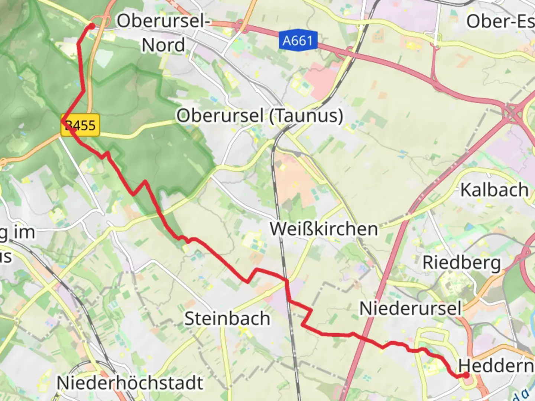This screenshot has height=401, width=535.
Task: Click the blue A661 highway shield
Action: point(298,40)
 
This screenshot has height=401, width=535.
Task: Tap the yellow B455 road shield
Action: point(81,125)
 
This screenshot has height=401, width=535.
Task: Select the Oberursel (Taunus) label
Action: point(259,115)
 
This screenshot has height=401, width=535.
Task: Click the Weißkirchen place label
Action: point(324,229)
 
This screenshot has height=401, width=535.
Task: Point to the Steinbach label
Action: point(227,319)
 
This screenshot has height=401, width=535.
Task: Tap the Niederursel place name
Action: point(410,309)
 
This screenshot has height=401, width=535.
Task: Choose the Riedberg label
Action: point(462,263)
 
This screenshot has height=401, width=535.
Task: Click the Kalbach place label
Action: point(494,190)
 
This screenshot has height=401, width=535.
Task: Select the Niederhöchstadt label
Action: point(130,383)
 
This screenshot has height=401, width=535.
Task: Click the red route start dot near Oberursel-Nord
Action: point(91,26)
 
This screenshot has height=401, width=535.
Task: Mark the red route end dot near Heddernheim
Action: point(466,375)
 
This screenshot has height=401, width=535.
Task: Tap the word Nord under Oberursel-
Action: point(163,45)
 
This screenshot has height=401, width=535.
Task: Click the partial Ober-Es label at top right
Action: point(500,21)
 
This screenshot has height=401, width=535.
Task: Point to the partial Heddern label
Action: point(496,366)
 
